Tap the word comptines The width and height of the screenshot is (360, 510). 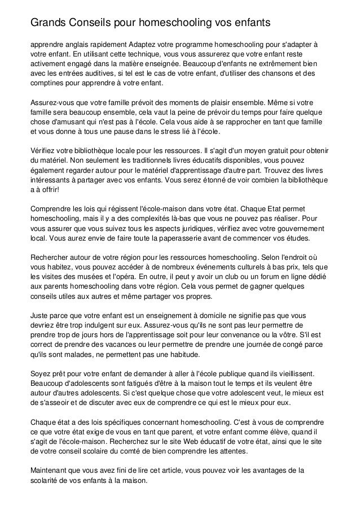50,82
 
